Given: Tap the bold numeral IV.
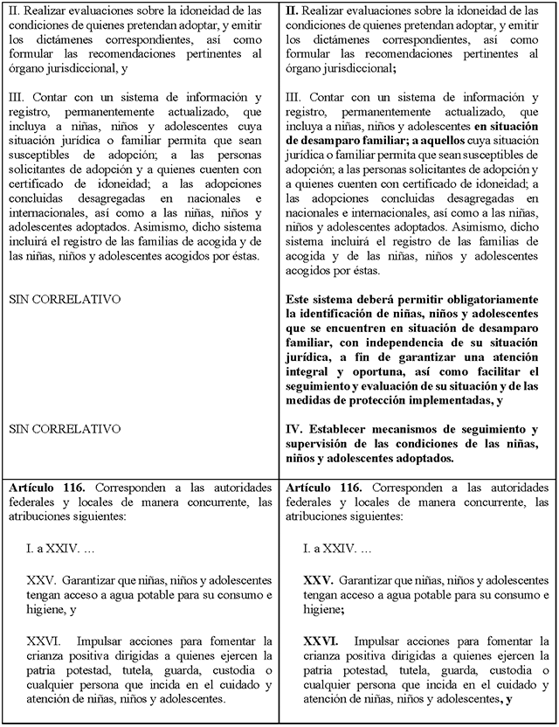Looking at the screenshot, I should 294,429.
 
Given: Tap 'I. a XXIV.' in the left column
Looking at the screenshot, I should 52,548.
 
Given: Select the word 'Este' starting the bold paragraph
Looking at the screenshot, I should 299,300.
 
